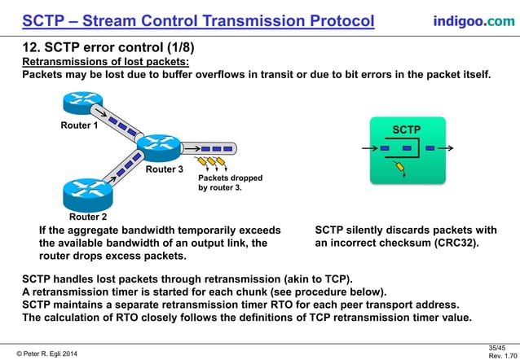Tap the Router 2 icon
[x=86, y=193]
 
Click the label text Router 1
[x=80, y=126]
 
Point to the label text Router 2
[x=88, y=217]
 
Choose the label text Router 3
[x=165, y=170]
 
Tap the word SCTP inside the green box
[x=407, y=130]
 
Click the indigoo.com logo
[x=473, y=20]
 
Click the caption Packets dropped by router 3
[x=220, y=182]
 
